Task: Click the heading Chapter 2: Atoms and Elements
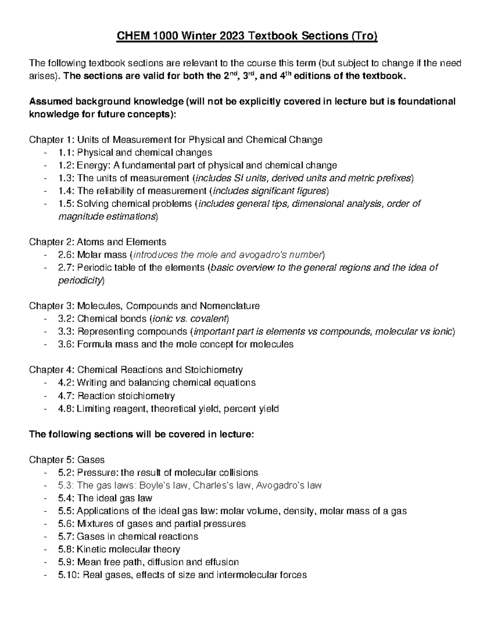98,242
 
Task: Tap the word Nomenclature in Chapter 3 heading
230,306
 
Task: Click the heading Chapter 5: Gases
67,460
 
